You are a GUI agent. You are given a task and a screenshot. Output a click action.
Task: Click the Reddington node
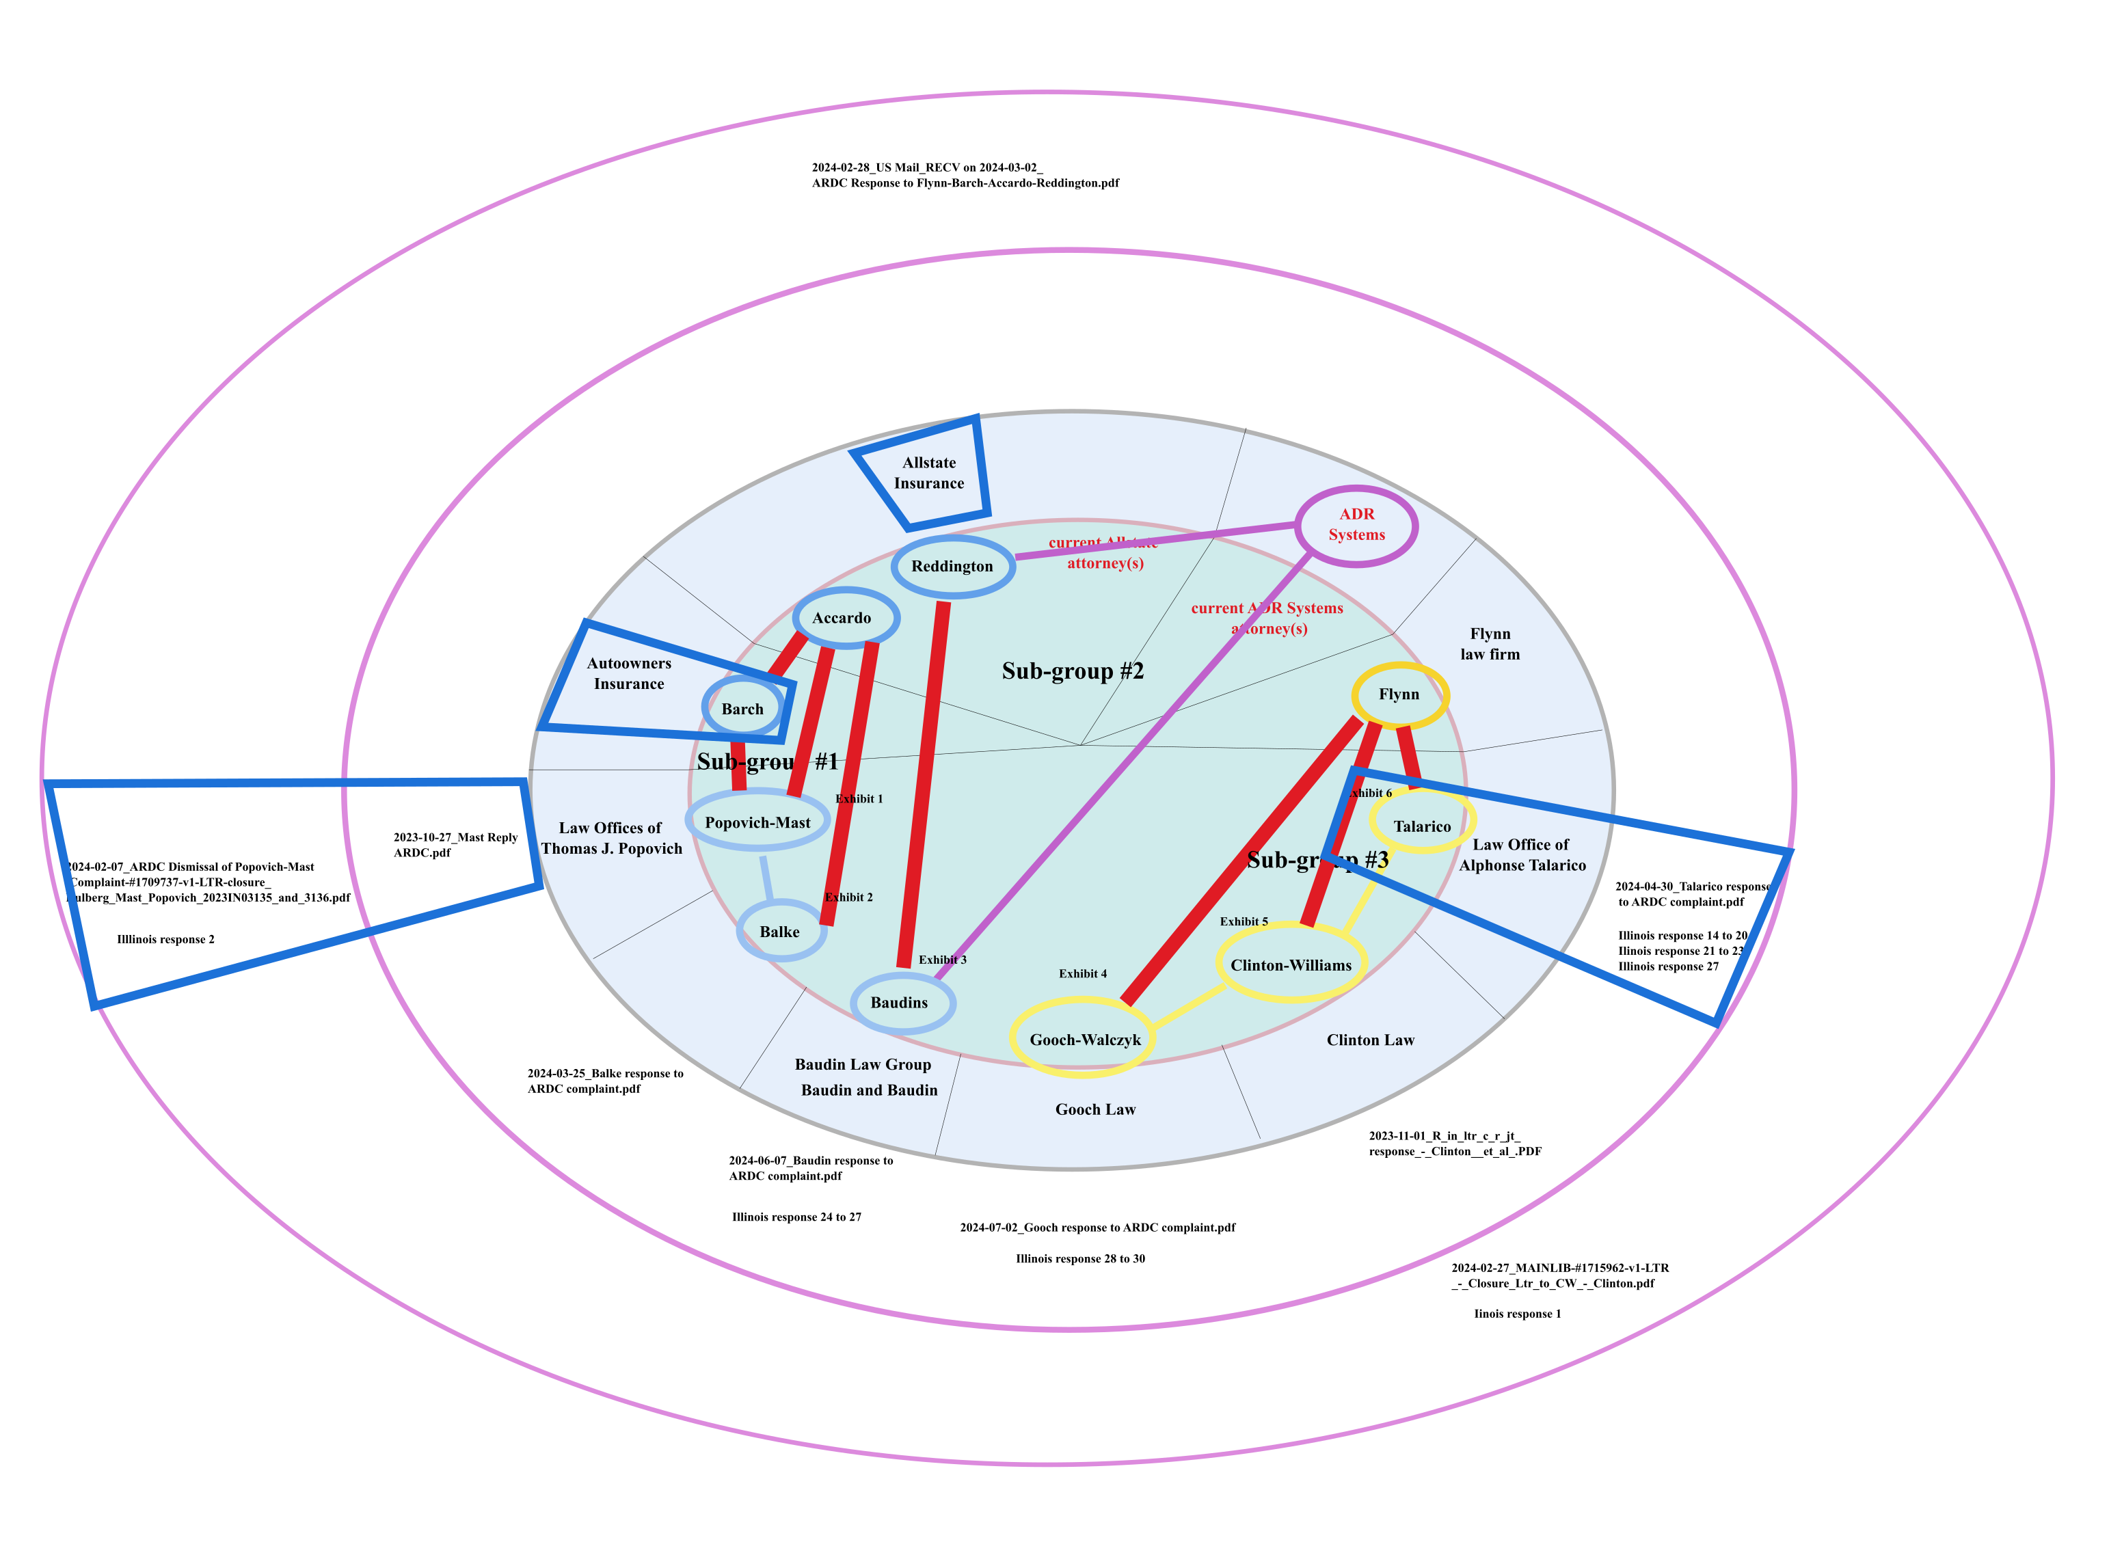pyautogui.click(x=952, y=567)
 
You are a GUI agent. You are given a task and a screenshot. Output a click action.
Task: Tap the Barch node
pyautogui.click(x=742, y=709)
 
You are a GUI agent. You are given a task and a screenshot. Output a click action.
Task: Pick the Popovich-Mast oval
pyautogui.click(x=757, y=822)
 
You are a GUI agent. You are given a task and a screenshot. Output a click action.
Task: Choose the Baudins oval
pyautogui.click(x=900, y=1003)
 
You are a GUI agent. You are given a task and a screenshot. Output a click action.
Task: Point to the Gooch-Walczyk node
pyautogui.click(x=1084, y=1040)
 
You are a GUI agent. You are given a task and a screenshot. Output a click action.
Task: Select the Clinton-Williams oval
pyautogui.click(x=1291, y=965)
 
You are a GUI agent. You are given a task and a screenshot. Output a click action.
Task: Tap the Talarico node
pyautogui.click(x=1422, y=826)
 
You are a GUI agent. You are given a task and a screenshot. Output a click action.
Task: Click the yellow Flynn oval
pyautogui.click(x=1399, y=694)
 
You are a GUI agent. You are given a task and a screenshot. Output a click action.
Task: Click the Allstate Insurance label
pyautogui.click(x=929, y=473)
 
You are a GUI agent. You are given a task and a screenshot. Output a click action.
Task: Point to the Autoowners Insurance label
pyautogui.click(x=629, y=673)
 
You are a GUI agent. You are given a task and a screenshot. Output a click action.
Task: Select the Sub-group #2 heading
pyautogui.click(x=1073, y=671)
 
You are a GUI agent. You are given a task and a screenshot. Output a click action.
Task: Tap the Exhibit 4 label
pyautogui.click(x=1083, y=973)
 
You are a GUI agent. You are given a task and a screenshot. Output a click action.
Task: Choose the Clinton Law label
pyautogui.click(x=1371, y=1040)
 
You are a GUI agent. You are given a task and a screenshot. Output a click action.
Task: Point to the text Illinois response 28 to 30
pyautogui.click(x=1080, y=1258)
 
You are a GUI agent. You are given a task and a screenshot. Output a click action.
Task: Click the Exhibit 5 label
pyautogui.click(x=1244, y=921)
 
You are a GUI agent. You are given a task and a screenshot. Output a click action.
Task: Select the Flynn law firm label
pyautogui.click(x=1490, y=644)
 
